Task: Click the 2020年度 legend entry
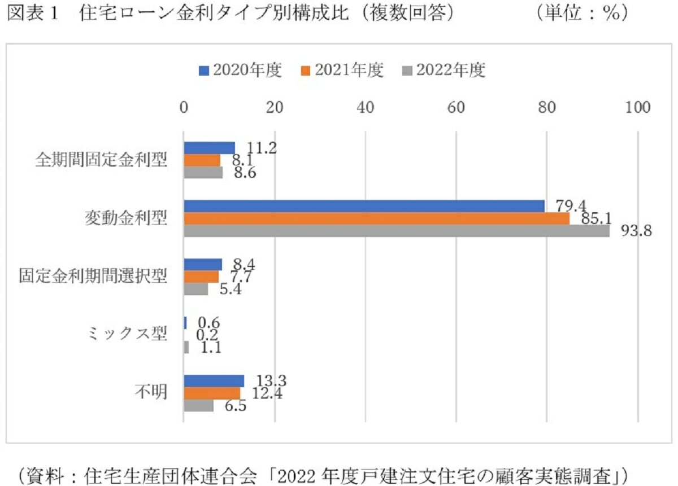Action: [240, 71]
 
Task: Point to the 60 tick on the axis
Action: [456, 107]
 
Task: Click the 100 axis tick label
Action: [638, 107]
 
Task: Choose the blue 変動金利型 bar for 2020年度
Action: [364, 206]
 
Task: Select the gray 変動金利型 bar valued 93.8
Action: [397, 231]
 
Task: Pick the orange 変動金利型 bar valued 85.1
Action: [376, 218]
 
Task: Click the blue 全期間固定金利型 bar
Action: [209, 148]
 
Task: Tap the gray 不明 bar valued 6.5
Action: [198, 405]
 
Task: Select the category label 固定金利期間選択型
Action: [93, 276]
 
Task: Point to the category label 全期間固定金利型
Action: [101, 160]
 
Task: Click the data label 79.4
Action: [566, 205]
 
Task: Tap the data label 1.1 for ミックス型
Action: [210, 348]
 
